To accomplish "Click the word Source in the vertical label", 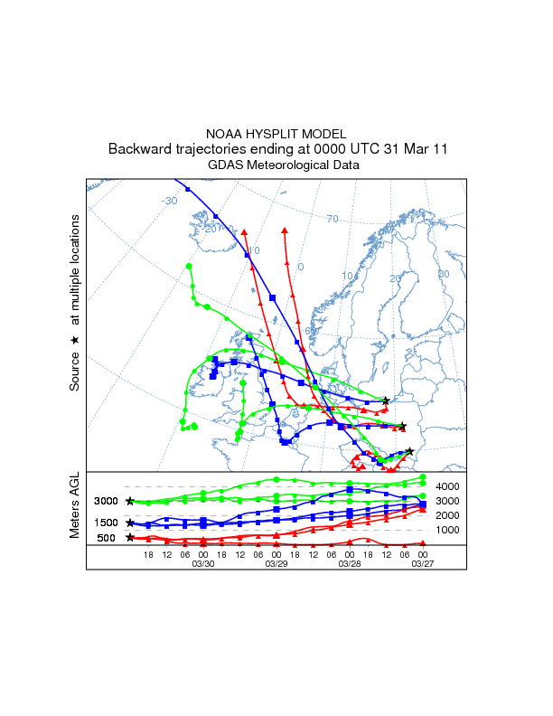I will [x=76, y=370].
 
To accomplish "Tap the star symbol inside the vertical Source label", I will [x=76, y=339].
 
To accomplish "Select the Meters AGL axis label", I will [x=76, y=505].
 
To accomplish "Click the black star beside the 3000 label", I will [x=130, y=501].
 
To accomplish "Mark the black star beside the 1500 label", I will [x=130, y=523].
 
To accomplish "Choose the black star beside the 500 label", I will [x=130, y=537].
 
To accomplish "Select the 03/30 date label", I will [x=203, y=563].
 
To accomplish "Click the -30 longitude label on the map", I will [x=169, y=201].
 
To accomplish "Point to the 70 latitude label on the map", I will [x=332, y=219].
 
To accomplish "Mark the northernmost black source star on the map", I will [x=386, y=400].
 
